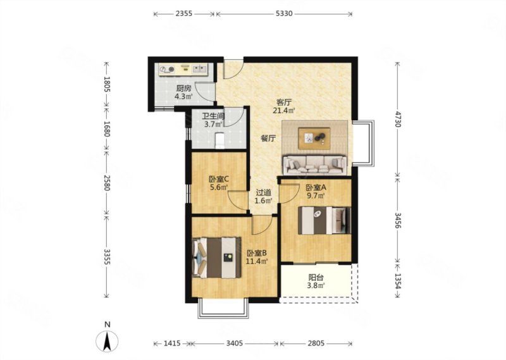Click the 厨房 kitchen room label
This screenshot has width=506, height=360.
click(183, 88)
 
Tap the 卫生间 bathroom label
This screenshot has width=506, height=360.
click(213, 116)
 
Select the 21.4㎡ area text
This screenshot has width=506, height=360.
click(284, 111)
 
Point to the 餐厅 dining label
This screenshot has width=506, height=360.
click(268, 139)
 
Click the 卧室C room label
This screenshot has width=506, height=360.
click(219, 179)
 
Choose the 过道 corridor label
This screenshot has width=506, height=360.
click(263, 193)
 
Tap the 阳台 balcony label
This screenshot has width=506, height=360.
click(316, 278)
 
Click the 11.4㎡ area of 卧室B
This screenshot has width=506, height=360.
click(257, 261)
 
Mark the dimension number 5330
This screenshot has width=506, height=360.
click(284, 13)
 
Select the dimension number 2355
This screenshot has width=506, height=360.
click(183, 13)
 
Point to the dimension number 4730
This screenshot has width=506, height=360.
click(398, 119)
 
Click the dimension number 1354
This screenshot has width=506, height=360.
click(398, 281)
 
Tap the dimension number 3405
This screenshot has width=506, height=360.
click(234, 344)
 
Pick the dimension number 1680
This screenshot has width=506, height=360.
click(107, 128)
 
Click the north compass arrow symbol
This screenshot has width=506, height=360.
click(107, 341)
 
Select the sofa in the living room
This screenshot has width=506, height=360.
click(314, 165)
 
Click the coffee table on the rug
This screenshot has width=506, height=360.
click(314, 138)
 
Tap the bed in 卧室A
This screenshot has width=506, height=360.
click(324, 220)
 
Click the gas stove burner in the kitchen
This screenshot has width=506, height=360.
click(168, 69)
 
